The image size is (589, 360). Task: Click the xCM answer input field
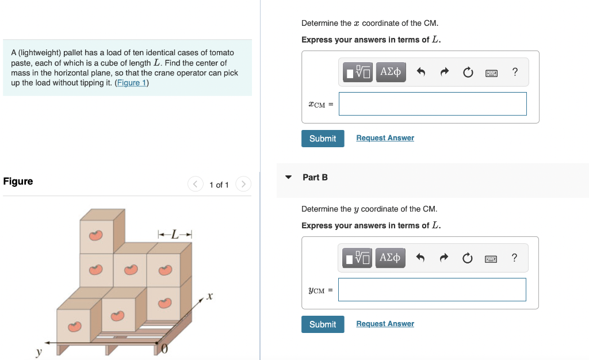click(x=433, y=104)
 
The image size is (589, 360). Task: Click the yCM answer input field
click(x=432, y=290)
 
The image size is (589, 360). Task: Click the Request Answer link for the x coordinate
click(x=385, y=138)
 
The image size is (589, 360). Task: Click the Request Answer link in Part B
click(x=385, y=324)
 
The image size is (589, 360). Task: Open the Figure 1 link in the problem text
click(x=132, y=83)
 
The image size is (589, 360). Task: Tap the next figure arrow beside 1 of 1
click(x=244, y=185)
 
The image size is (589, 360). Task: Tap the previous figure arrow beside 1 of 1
click(x=196, y=185)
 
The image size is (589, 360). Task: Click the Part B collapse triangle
click(x=289, y=177)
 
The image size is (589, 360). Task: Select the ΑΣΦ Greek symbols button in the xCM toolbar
click(x=391, y=72)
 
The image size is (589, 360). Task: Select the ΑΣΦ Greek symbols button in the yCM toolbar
click(x=391, y=258)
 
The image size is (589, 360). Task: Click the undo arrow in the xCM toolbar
click(x=420, y=72)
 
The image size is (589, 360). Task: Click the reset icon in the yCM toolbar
click(x=467, y=258)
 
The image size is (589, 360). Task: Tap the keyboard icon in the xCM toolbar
click(x=491, y=72)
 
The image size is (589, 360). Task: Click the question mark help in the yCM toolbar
click(x=514, y=258)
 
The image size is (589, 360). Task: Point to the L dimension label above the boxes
click(x=175, y=234)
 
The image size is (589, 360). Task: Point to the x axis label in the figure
click(x=210, y=297)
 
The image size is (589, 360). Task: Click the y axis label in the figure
click(x=39, y=351)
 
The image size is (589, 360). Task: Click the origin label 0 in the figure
click(x=165, y=349)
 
